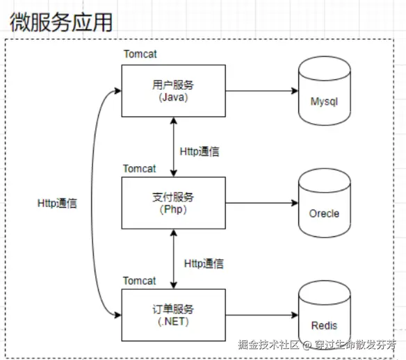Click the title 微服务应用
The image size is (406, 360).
point(61,22)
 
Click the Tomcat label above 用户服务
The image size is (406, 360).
point(140,54)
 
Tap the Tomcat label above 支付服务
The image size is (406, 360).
point(140,169)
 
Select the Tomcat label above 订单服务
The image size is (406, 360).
point(140,281)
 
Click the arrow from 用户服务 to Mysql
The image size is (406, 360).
point(262,91)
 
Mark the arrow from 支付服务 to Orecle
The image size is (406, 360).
point(262,203)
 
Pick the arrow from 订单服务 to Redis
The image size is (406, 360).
point(262,315)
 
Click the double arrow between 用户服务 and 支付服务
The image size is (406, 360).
point(174,147)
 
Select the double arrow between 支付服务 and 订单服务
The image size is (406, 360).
point(174,259)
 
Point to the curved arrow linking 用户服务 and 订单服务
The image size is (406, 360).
point(91,203)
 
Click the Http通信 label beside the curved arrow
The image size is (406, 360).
point(57,204)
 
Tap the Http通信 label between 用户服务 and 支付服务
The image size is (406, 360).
point(200,152)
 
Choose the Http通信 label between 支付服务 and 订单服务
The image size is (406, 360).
point(204,263)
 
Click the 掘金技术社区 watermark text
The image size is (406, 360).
point(268,345)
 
